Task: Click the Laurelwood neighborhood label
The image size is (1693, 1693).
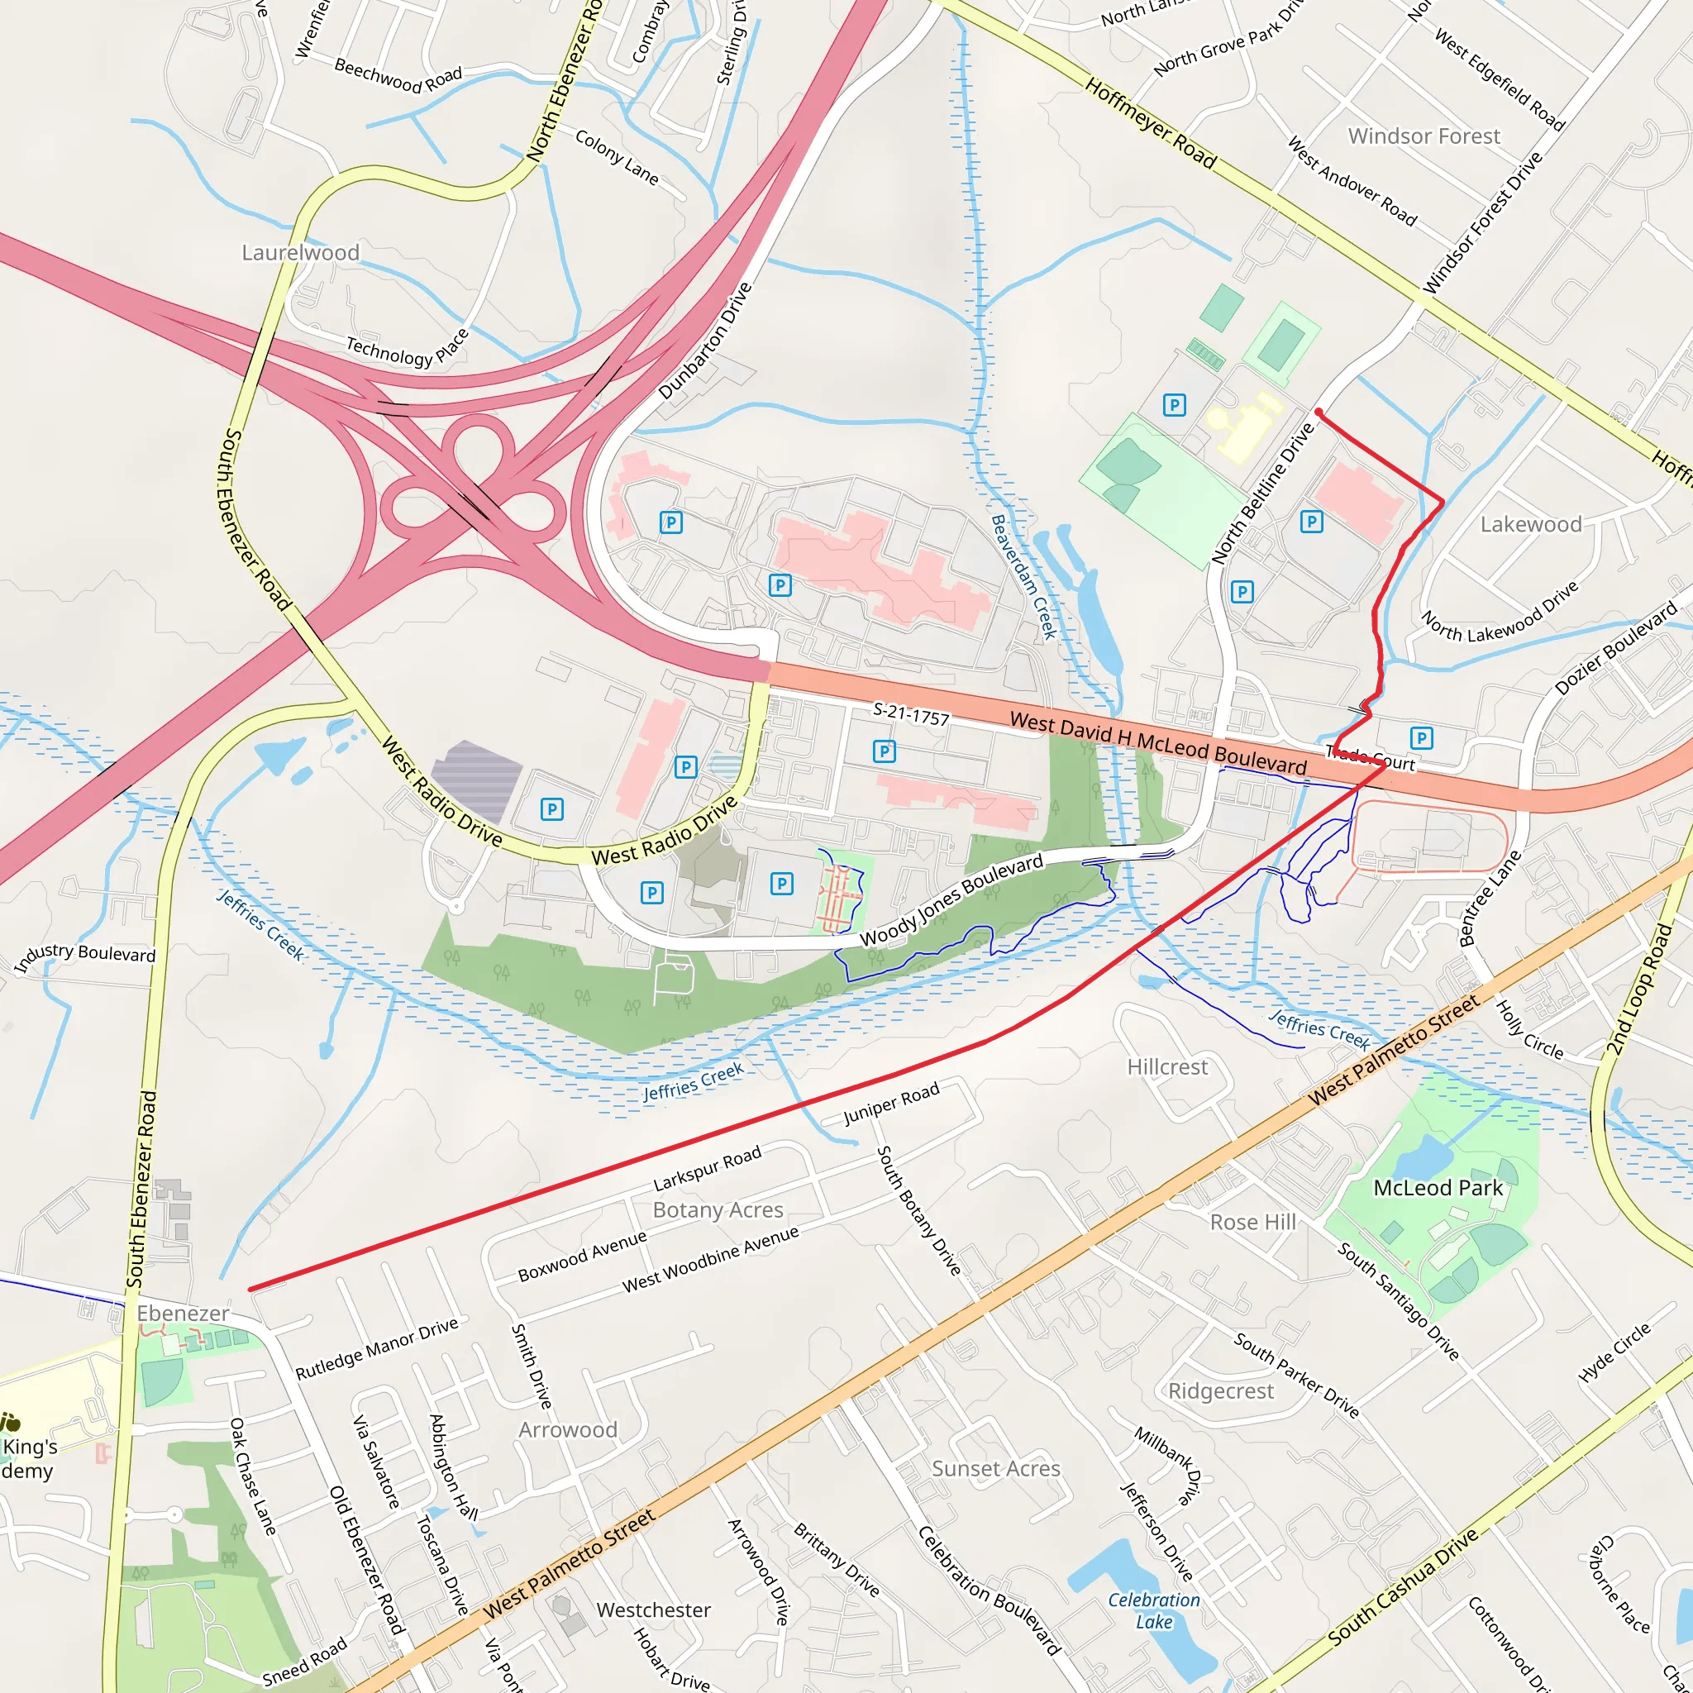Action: point(301,252)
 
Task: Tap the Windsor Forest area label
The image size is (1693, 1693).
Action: point(1424,136)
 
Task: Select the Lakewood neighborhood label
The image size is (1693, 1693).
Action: point(1531,524)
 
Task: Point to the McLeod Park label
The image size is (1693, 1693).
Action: point(1438,1187)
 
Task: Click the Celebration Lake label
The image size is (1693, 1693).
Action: point(1154,1610)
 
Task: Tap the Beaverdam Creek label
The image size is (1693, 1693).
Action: point(1023,577)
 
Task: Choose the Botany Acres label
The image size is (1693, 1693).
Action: point(718,1209)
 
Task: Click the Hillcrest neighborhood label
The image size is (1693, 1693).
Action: point(1167,1066)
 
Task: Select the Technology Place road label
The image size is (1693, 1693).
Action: point(408,349)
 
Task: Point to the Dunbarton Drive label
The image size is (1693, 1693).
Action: point(704,341)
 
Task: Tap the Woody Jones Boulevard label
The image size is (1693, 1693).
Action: point(951,899)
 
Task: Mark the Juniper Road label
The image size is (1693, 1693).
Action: point(891,1104)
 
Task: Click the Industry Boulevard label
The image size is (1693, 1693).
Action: point(85,956)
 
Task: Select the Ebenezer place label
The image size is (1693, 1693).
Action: point(184,1313)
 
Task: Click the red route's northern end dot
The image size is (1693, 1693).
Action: point(1319,412)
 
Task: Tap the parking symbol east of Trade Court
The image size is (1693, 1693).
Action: point(1421,738)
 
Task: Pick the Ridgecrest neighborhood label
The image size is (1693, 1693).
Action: point(1221,1390)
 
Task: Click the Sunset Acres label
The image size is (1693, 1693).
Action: point(995,1468)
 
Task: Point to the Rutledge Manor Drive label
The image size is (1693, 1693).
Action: point(377,1348)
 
